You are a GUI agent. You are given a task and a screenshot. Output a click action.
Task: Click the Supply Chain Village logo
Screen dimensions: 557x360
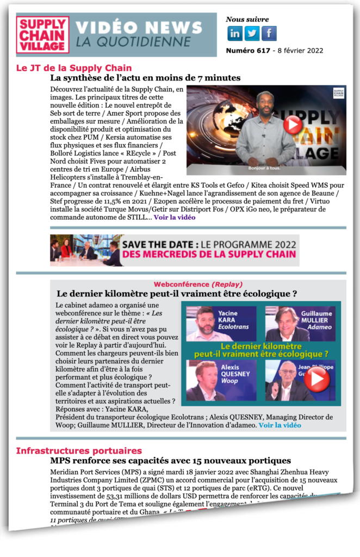43,35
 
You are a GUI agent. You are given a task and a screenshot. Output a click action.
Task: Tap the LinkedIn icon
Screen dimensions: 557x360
235,34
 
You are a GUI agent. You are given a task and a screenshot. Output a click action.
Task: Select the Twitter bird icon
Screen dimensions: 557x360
252,34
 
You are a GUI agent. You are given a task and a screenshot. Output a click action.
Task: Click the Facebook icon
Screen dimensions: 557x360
269,34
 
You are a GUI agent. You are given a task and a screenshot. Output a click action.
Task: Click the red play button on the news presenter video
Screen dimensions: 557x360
293,125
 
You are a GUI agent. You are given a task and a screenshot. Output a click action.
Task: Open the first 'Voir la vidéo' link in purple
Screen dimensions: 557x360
174,217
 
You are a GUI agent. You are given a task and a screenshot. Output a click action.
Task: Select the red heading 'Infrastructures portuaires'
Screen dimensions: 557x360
79,450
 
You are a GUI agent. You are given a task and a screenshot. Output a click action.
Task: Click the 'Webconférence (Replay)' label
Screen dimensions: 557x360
198,284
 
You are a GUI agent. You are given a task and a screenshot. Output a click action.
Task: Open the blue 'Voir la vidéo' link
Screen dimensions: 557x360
280,425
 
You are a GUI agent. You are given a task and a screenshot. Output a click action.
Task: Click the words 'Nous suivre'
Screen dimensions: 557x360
243,20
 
